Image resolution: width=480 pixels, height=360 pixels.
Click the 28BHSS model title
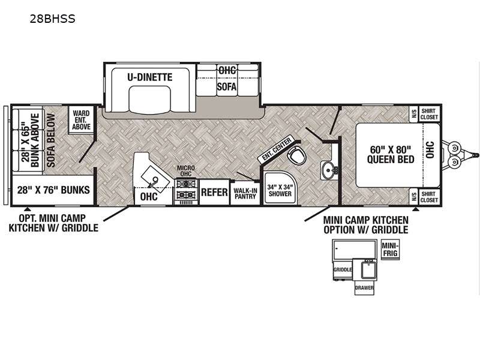52,19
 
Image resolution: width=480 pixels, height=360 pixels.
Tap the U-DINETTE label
150,77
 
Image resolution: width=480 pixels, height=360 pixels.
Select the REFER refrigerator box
214,192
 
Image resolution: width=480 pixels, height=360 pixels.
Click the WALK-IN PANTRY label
245,193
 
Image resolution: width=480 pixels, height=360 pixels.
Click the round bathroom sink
328,170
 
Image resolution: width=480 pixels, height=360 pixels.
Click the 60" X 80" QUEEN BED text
391,155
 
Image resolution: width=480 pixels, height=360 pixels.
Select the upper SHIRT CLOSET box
429,114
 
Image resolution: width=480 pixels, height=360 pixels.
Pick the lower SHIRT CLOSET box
429,197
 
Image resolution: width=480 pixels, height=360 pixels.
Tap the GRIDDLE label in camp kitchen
342,269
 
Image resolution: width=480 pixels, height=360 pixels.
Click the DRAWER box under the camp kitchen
364,288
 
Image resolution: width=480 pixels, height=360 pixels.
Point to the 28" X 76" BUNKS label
53,190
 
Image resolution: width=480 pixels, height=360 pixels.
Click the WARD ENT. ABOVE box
82,120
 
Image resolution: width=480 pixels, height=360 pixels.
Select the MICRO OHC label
186,171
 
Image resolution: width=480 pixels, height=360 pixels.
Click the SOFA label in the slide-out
227,87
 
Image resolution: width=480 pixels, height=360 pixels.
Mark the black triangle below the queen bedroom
415,209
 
